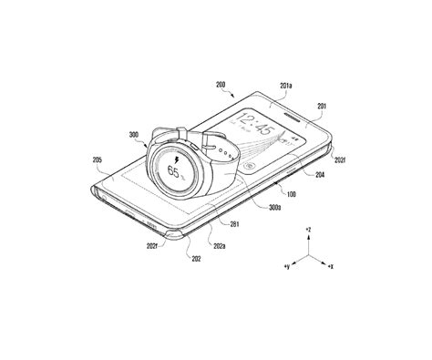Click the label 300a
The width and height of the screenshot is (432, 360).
pos(248,208)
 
